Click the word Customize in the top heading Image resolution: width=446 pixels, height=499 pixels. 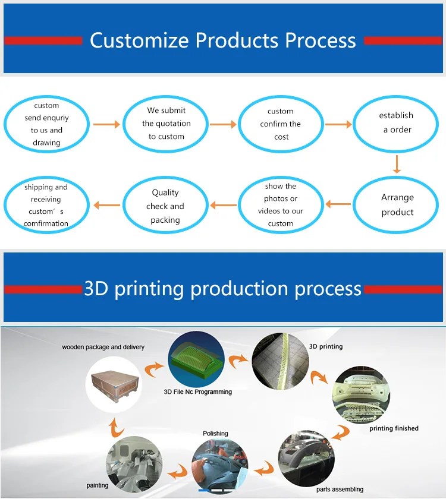[x=140, y=40]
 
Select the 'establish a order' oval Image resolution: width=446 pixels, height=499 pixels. [x=397, y=123]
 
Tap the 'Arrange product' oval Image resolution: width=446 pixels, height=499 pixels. [x=397, y=205]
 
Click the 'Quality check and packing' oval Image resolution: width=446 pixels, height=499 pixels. [x=165, y=206]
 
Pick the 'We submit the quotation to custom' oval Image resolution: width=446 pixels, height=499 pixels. [x=166, y=124]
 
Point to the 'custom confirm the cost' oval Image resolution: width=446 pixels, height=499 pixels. [x=281, y=124]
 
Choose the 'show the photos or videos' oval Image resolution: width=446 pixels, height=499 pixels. [x=281, y=205]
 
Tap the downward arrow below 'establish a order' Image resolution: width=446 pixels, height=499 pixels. [x=397, y=164]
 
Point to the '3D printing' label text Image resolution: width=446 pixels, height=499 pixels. [x=326, y=346]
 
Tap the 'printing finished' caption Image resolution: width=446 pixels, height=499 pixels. [x=394, y=428]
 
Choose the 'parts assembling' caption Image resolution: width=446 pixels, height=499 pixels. [x=340, y=489]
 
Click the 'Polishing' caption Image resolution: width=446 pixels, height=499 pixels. [x=215, y=434]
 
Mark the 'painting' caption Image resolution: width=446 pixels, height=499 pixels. [x=98, y=486]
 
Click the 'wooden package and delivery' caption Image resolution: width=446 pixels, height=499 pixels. [x=103, y=347]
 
